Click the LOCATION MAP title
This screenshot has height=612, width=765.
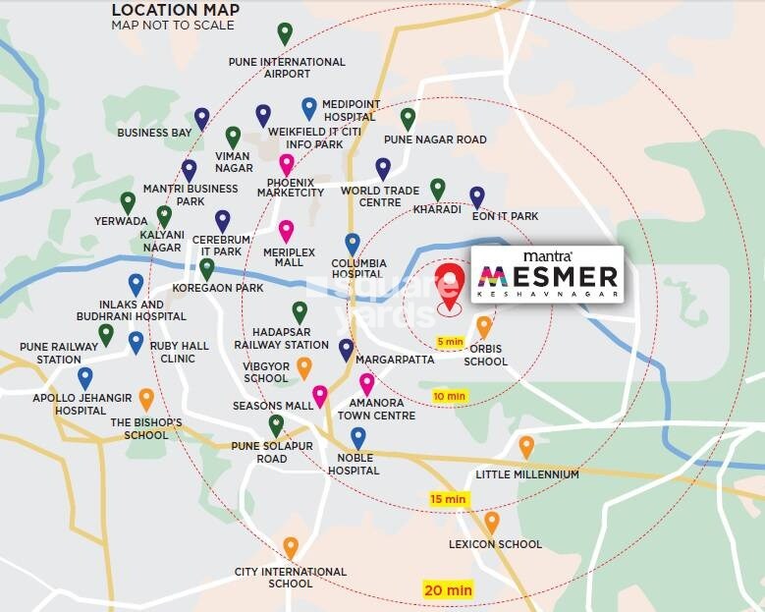tap(175, 10)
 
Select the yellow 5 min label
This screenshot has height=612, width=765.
tap(450, 342)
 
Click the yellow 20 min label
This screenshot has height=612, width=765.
tap(448, 590)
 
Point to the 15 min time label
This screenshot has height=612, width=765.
tap(448, 499)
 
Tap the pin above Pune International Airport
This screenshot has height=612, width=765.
tap(285, 34)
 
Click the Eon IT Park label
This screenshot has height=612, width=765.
tap(505, 216)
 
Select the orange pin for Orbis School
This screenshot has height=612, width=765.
tap(484, 326)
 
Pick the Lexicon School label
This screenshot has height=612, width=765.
tap(495, 544)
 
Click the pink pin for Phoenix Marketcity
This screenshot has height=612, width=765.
tap(286, 164)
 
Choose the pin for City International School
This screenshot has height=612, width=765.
tap(291, 547)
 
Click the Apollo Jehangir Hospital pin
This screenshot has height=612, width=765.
tap(85, 377)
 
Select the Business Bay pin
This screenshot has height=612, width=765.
tap(201, 118)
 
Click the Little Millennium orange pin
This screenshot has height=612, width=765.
tap(526, 447)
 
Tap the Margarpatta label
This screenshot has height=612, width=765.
tap(403, 346)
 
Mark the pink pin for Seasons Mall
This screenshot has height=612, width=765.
tap(319, 396)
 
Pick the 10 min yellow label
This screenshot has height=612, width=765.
tap(449, 396)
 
